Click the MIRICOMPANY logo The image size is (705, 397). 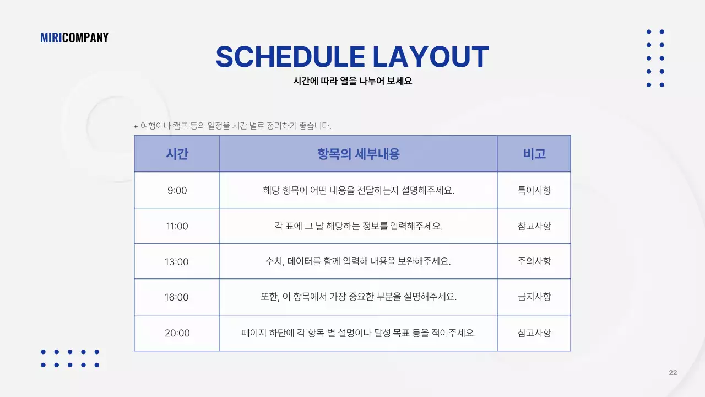click(74, 37)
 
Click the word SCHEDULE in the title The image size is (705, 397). click(290, 57)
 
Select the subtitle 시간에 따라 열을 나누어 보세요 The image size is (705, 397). click(352, 81)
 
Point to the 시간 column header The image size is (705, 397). click(177, 154)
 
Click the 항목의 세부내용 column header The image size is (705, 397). click(358, 154)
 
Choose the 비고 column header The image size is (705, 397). click(534, 154)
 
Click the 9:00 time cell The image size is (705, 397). click(177, 191)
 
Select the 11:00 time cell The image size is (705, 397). click(177, 226)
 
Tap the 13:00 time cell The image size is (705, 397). click(177, 261)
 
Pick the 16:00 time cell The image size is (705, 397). click(177, 297)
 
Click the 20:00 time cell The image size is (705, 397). click(177, 333)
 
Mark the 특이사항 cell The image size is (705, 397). click(534, 191)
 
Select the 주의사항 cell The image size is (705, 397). click(534, 261)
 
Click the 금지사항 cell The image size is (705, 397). click(534, 297)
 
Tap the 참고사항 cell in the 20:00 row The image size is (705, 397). click(534, 333)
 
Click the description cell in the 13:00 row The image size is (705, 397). click(358, 261)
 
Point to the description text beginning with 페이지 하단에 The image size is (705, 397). click(358, 333)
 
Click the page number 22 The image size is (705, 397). click(673, 373)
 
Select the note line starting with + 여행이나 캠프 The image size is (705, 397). click(232, 126)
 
